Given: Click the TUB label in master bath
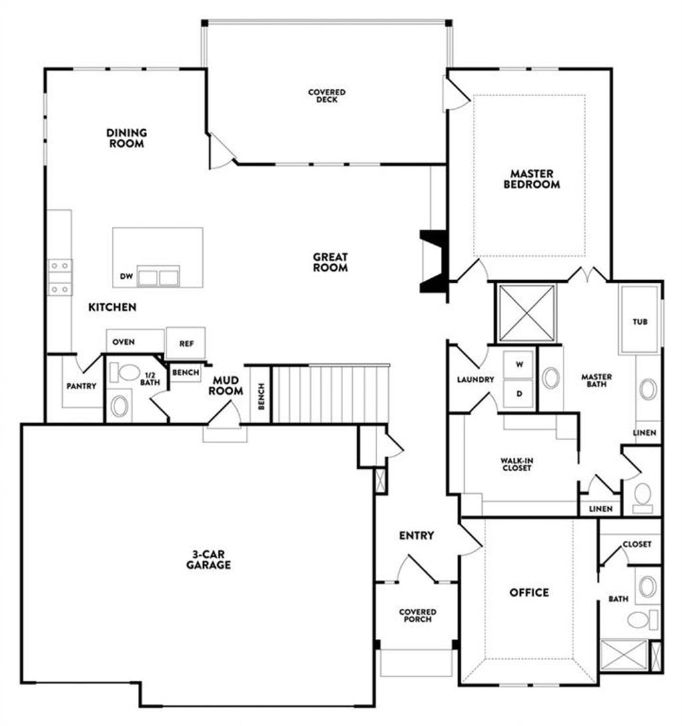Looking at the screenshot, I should click(639, 322).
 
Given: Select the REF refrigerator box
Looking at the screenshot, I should click(186, 343).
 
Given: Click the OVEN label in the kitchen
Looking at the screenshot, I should click(123, 342).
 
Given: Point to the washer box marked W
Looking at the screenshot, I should click(519, 365).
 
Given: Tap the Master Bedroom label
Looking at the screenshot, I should click(531, 180).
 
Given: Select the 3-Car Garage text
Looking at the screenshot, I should click(208, 560).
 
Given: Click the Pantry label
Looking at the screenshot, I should click(81, 386).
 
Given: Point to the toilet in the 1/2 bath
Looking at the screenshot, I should click(124, 372).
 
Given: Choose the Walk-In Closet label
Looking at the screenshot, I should click(516, 464).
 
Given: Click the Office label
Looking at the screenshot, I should click(529, 592).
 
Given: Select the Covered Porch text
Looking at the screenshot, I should click(417, 616).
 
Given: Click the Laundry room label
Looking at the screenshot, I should click(476, 380).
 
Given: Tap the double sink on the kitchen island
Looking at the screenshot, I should click(159, 275).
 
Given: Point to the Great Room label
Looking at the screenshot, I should click(330, 262).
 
